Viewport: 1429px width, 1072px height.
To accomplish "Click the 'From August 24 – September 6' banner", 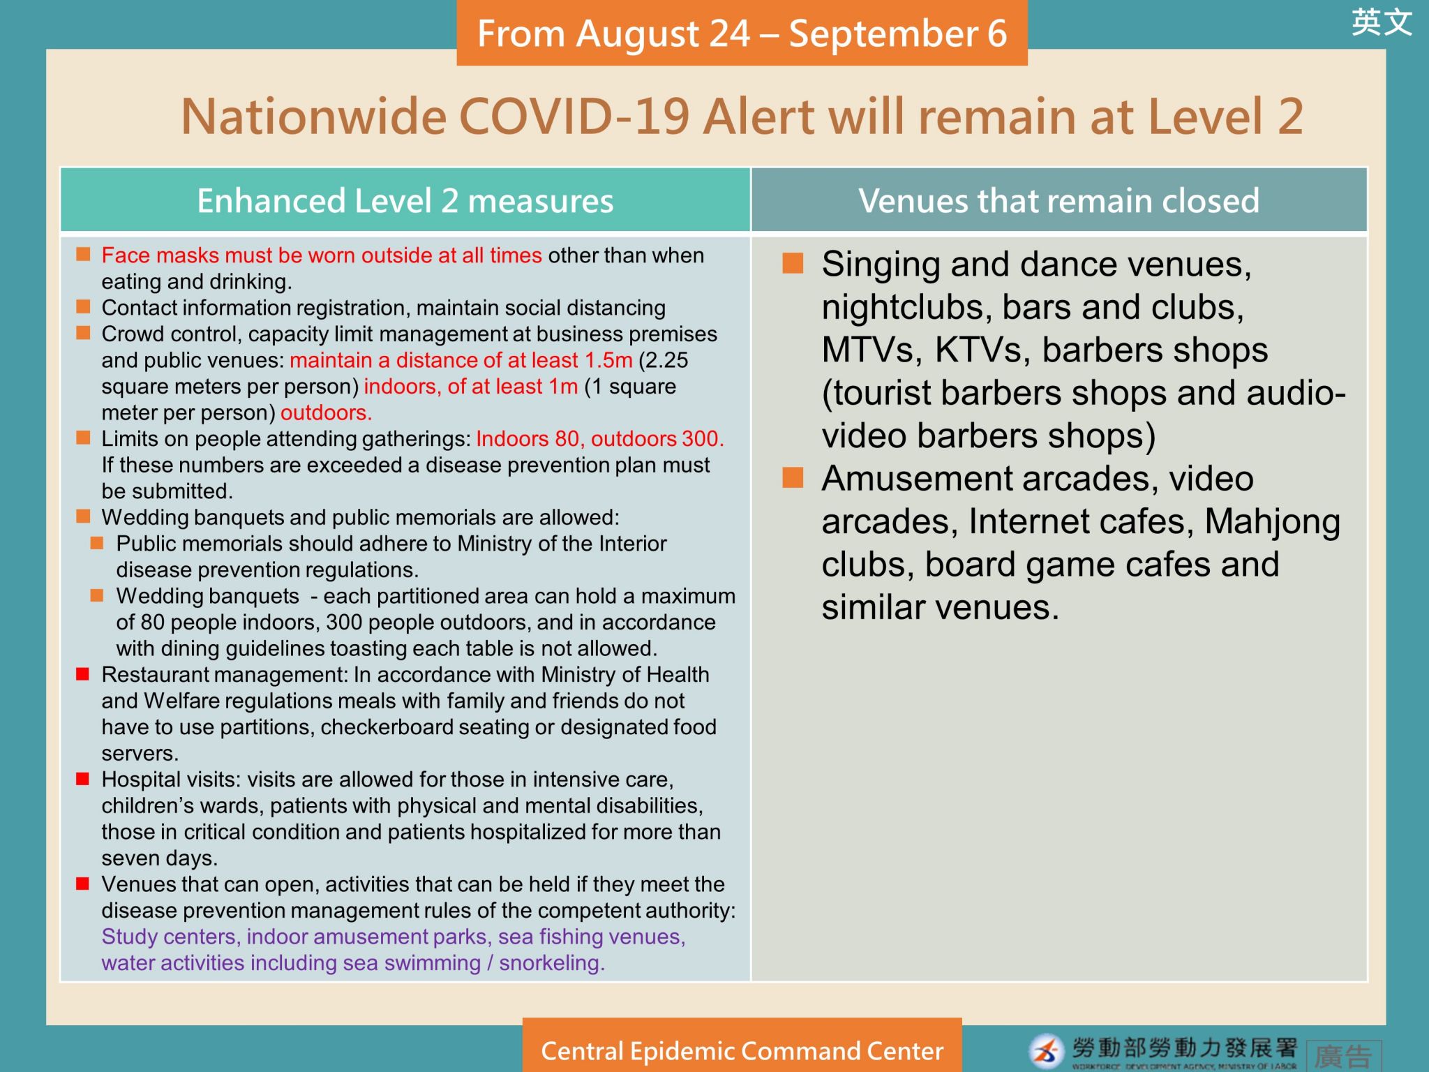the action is point(742,33).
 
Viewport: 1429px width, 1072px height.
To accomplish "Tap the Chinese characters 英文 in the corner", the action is point(1382,22).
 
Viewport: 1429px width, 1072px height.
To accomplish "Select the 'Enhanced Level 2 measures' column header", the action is point(405,200).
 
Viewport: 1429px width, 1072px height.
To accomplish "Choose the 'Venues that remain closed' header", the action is point(1059,200).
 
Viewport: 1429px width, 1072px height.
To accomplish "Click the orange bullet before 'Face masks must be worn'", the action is point(83,253).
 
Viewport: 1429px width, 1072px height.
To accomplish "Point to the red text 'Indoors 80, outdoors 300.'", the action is point(600,438).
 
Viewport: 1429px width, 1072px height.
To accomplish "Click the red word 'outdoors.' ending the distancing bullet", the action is point(326,412).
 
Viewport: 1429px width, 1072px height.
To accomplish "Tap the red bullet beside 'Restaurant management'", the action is point(83,673).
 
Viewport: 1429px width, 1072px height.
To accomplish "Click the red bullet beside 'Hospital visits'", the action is point(83,778).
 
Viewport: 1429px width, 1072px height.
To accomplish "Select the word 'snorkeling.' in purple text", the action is point(552,963).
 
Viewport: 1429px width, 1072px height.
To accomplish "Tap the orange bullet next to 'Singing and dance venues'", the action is point(793,263).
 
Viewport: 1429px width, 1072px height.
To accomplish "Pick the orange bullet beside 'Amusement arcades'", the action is point(793,477).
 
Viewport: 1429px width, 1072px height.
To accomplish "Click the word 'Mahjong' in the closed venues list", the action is point(1272,522).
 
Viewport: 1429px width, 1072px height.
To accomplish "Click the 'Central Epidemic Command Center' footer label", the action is point(742,1051).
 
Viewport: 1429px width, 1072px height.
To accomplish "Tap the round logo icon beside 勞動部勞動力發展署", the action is point(1046,1052).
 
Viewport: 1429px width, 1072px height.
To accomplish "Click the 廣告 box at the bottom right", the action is point(1344,1055).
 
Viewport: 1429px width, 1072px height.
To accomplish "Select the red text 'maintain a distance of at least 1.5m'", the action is point(461,360).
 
